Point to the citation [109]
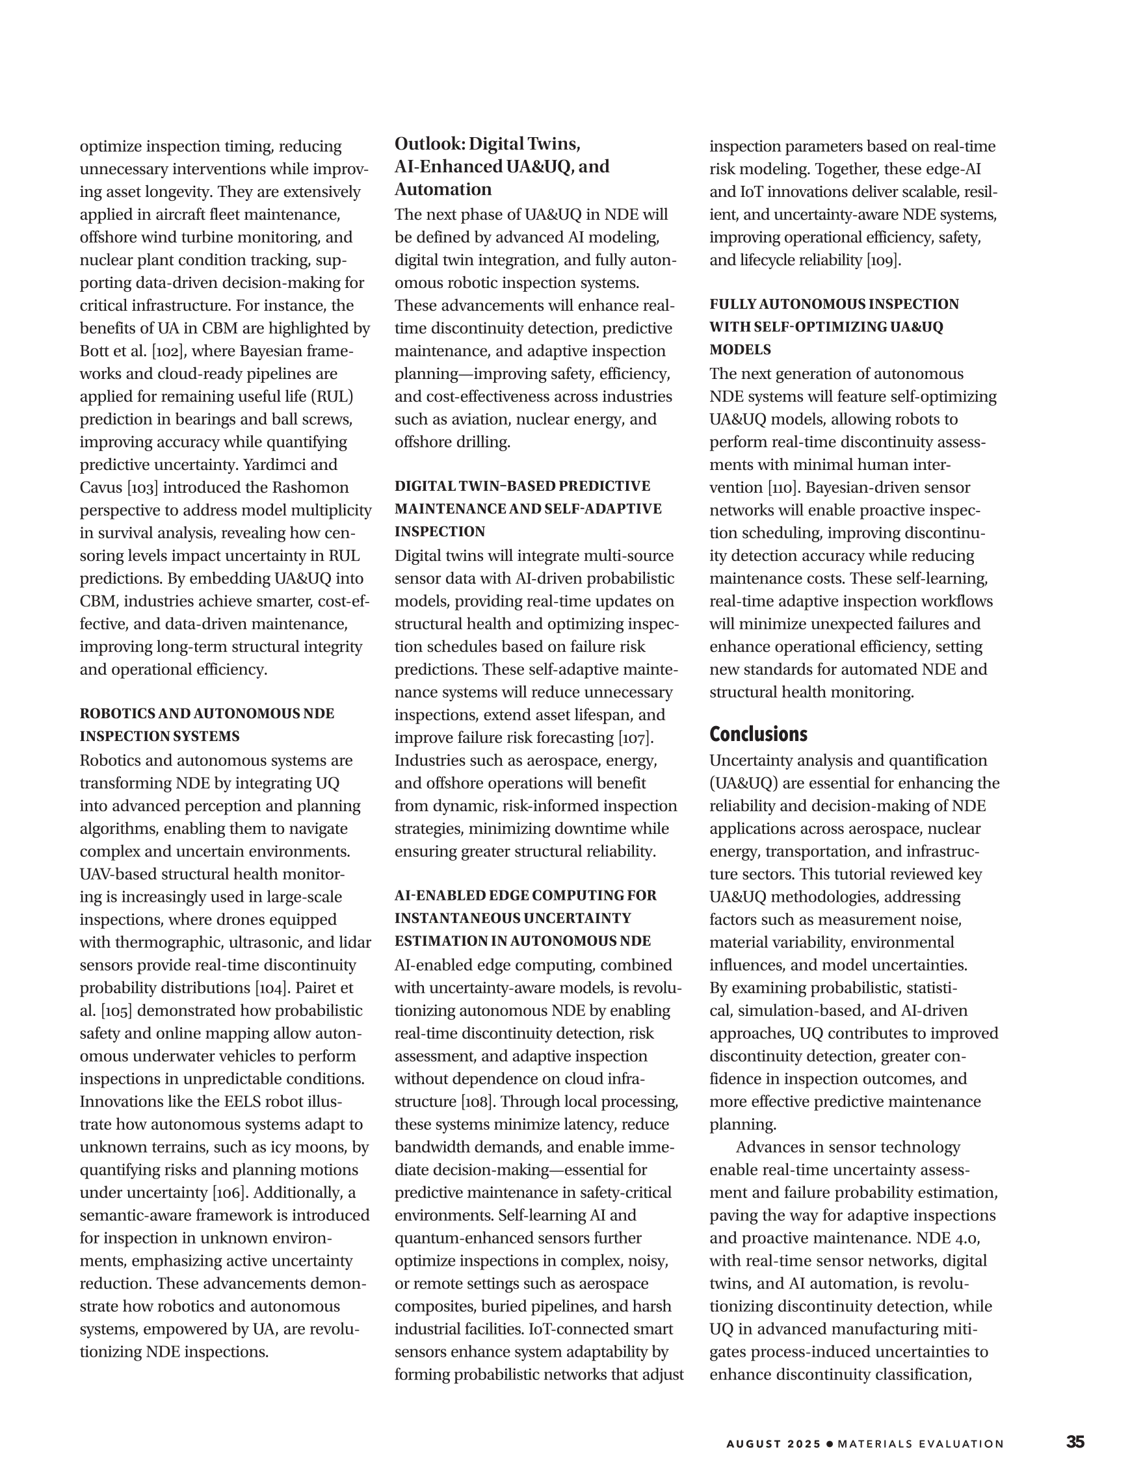[x=883, y=260]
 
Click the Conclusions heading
[x=758, y=734]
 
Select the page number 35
[x=1075, y=1442]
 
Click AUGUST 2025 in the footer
[x=773, y=1444]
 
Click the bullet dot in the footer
[x=829, y=1444]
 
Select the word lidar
[x=354, y=943]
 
